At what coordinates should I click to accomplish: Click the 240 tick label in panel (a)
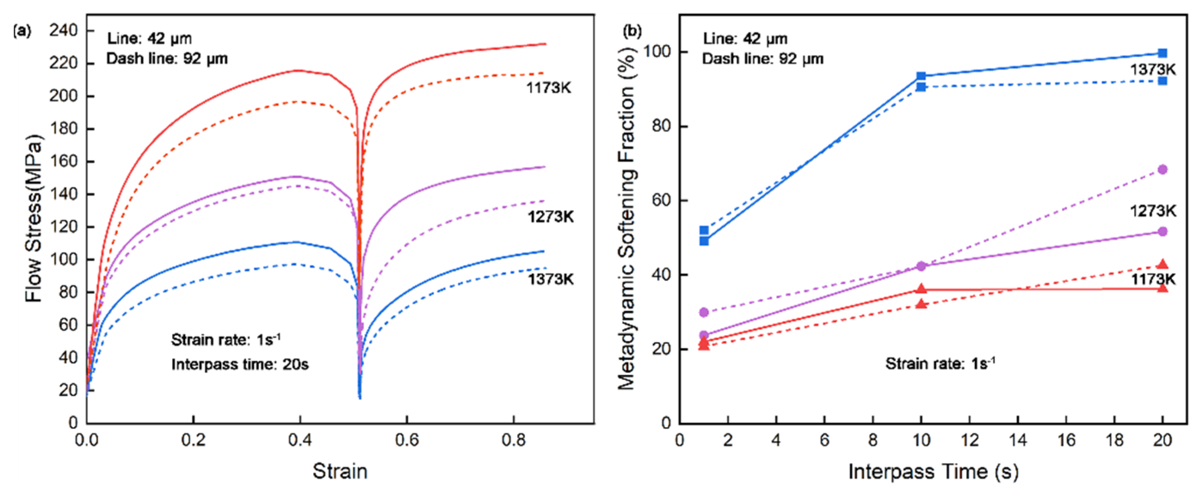point(63,31)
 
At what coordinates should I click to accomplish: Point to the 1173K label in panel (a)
point(548,88)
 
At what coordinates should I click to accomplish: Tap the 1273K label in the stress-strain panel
point(550,217)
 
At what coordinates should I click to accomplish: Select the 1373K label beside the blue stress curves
point(550,279)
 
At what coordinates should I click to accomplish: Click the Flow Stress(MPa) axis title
point(34,219)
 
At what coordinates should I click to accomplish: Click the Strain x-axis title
point(340,471)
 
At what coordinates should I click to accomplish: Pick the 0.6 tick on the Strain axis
point(406,440)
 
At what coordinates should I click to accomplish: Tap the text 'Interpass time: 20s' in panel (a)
point(240,364)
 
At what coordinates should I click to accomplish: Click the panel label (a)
point(22,31)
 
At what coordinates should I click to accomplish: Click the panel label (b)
point(632,31)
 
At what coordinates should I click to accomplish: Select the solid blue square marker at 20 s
point(1162,53)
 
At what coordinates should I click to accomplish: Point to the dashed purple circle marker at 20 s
point(1162,169)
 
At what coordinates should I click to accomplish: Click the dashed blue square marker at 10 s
point(921,87)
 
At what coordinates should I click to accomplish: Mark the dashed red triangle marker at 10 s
point(921,304)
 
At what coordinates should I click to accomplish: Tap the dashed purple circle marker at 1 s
point(704,312)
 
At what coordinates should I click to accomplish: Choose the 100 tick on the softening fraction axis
point(659,52)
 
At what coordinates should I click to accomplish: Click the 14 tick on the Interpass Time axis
point(1018,440)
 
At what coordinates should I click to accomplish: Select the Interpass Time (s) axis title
point(933,471)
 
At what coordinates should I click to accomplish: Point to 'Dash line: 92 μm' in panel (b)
point(763,59)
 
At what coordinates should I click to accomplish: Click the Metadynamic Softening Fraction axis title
point(627,219)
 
